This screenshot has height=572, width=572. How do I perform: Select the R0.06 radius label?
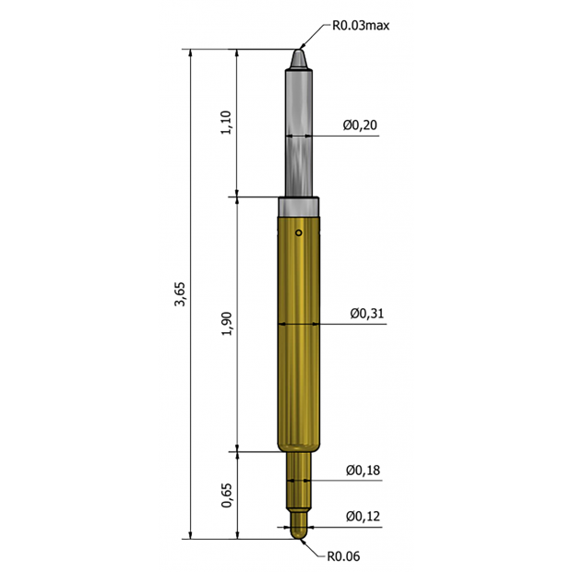point(343,556)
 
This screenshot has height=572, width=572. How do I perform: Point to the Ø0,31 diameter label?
point(366,314)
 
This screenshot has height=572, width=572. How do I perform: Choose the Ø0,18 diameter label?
point(363,471)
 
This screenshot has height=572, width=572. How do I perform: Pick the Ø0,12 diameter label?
point(363,516)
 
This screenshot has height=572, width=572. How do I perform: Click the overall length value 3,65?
point(180,297)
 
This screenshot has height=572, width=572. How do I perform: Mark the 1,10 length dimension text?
point(226,122)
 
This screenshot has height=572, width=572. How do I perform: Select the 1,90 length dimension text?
point(226,324)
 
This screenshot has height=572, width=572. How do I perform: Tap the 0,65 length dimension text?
point(226,495)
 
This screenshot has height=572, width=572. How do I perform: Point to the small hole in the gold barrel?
point(299,232)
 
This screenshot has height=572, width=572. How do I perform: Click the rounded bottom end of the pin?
point(299,537)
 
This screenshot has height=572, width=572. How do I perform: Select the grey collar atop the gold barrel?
point(299,206)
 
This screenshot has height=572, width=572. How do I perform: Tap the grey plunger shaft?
point(299,129)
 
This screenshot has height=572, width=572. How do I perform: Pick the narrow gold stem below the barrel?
point(299,480)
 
